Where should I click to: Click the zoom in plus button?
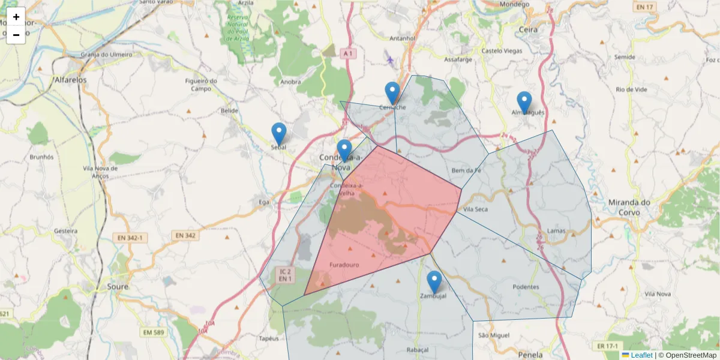[x=16, y=17]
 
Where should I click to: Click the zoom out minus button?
[x=16, y=35]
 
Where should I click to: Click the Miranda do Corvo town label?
[x=629, y=207]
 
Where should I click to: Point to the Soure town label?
[x=118, y=287]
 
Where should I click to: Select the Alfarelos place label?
[x=70, y=79]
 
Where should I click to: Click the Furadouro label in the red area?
[x=344, y=264]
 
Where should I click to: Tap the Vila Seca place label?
[x=476, y=209]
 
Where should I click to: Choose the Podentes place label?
[x=526, y=287]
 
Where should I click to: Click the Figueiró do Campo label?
[x=200, y=85]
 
